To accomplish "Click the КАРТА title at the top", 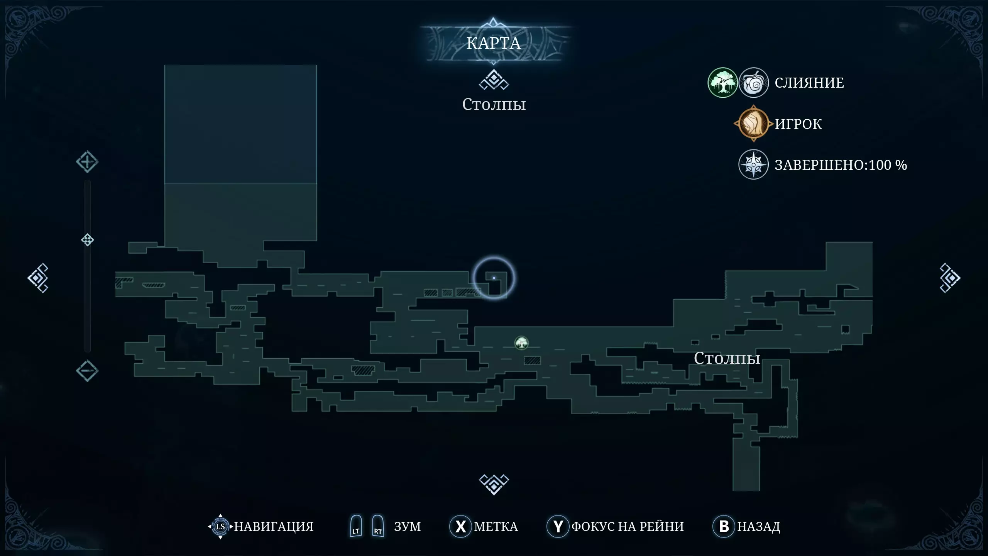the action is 494,43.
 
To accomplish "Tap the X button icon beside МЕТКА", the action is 460,526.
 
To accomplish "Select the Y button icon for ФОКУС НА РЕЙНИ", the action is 558,526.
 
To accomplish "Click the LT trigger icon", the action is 356,526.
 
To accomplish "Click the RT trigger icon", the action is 378,526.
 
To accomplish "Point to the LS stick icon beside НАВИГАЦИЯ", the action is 220,526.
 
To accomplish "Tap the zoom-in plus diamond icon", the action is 87,162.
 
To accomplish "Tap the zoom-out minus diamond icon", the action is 87,371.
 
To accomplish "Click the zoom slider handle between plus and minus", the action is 88,240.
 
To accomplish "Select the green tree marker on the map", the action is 521,343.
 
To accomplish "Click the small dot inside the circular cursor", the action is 494,278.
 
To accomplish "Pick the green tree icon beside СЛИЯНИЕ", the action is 722,83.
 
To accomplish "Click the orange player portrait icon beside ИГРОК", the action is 753,124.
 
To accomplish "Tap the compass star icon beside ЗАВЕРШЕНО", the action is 753,165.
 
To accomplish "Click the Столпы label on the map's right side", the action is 727,359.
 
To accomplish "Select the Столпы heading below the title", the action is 494,105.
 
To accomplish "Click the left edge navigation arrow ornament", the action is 38,278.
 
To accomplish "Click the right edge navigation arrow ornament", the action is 950,278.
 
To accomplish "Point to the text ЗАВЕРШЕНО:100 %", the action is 841,165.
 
